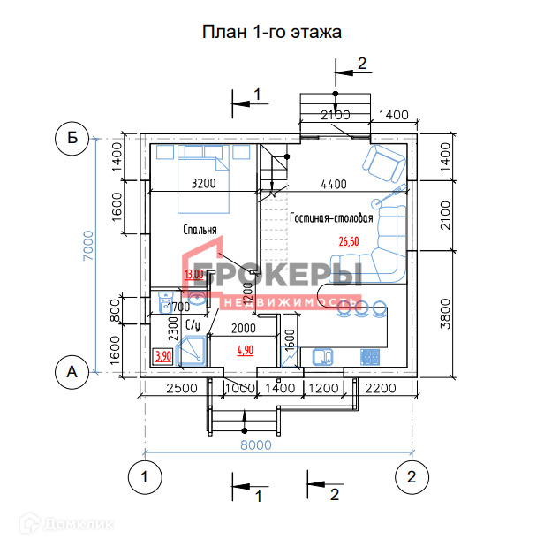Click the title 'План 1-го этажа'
(272, 33)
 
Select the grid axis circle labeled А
(72, 373)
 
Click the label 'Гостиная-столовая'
(331, 217)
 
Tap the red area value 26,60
(349, 240)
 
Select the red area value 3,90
(162, 356)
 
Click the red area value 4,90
(245, 350)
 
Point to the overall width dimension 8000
(256, 445)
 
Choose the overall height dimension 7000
(87, 255)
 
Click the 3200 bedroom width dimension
(203, 184)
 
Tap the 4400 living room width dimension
(333, 184)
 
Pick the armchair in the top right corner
(384, 162)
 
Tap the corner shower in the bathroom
(192, 352)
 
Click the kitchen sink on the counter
(321, 357)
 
